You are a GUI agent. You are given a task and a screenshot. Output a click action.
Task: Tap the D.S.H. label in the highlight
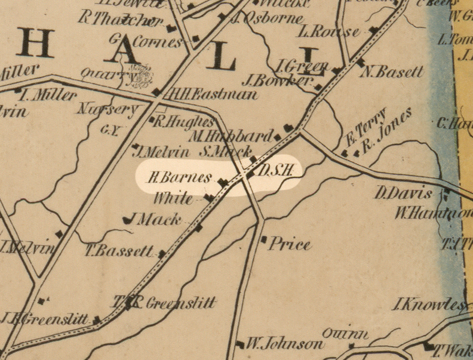click(276, 171)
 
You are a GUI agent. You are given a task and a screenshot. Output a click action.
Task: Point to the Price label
click(290, 244)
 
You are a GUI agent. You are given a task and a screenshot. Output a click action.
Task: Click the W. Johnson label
click(284, 344)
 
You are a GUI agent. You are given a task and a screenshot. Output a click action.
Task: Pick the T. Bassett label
click(119, 251)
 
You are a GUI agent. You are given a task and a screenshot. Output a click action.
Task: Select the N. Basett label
click(392, 72)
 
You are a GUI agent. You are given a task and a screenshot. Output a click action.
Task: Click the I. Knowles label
click(429, 305)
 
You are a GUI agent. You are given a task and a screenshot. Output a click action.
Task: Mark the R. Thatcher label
click(121, 20)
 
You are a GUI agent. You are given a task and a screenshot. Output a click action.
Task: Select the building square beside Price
click(263, 239)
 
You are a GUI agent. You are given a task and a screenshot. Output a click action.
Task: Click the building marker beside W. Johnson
click(240, 344)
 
